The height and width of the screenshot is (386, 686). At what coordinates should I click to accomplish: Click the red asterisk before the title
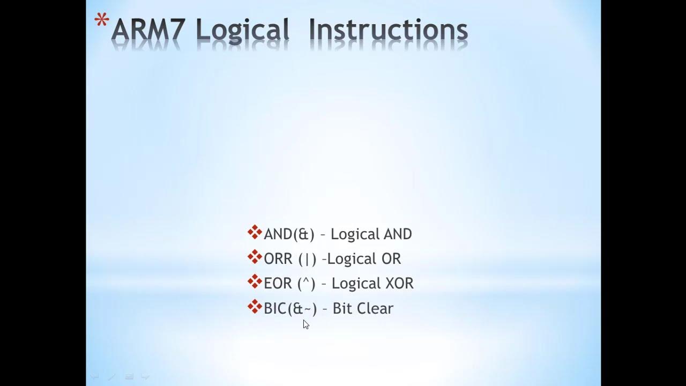click(x=101, y=21)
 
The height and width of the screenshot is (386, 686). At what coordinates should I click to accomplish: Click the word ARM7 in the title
click(x=149, y=31)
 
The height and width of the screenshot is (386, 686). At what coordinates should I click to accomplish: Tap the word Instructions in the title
click(x=388, y=31)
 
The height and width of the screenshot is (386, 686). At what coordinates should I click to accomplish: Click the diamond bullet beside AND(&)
click(x=255, y=233)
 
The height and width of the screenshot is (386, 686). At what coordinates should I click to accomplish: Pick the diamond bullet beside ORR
click(x=255, y=257)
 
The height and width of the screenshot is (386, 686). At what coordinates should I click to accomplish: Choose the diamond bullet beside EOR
click(x=255, y=282)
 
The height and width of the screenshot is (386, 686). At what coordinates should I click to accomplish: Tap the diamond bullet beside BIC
click(x=255, y=307)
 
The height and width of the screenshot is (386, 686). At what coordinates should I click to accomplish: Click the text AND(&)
click(x=289, y=234)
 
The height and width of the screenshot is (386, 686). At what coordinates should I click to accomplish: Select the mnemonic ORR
click(x=278, y=259)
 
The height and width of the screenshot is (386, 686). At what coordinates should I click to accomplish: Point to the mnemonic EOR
click(x=278, y=284)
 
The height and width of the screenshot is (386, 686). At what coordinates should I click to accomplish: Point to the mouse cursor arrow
click(x=305, y=324)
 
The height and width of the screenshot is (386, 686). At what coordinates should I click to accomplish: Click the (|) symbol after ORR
click(x=307, y=259)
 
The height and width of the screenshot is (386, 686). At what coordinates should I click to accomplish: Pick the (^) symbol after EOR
click(x=306, y=284)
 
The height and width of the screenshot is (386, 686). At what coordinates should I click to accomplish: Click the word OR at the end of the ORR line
click(x=391, y=259)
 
